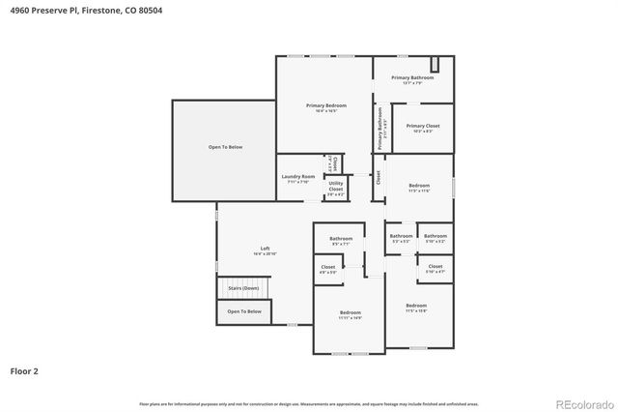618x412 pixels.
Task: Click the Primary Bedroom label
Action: point(325,105)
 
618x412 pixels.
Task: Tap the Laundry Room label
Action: point(298,176)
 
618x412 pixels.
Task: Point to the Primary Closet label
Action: point(423,126)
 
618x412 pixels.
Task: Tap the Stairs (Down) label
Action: point(243,288)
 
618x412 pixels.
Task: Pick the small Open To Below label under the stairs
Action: point(244,311)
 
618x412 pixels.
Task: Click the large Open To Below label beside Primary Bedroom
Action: point(225,147)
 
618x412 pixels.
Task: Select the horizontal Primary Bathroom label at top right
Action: point(412,77)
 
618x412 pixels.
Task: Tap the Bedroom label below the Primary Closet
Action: point(419,185)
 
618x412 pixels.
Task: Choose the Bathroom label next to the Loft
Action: point(341,239)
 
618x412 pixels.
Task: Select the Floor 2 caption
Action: point(24,369)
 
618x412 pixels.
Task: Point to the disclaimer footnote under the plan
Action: point(309,403)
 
